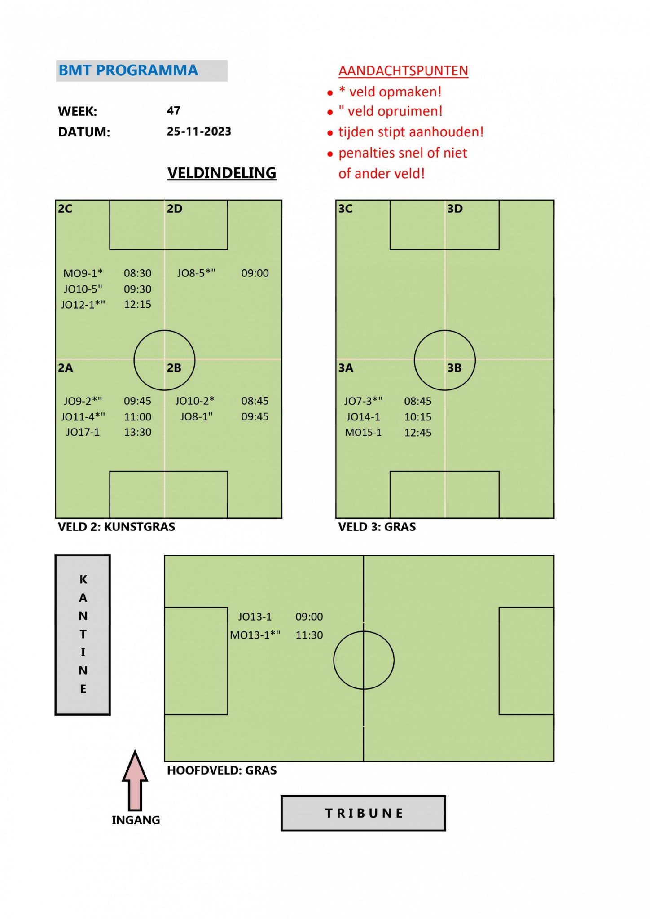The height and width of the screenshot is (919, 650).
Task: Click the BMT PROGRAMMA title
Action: point(128,70)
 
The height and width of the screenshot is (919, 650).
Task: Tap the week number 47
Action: point(174,110)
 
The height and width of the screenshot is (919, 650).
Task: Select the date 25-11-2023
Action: point(199,131)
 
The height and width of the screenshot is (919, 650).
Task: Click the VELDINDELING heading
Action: point(222,173)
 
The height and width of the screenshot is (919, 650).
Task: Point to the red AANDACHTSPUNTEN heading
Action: point(403,71)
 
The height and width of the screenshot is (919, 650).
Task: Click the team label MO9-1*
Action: point(83,273)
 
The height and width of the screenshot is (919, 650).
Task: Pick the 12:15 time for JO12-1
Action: point(137,305)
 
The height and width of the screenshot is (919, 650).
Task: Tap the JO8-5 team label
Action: point(196,273)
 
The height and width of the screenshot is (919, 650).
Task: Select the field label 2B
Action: point(174,368)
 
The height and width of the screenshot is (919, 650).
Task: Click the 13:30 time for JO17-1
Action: point(137,432)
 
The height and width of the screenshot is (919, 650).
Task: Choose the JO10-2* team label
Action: point(195,401)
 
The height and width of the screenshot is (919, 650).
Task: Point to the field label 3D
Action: point(455,209)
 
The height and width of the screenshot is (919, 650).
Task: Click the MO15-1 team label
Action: point(363,433)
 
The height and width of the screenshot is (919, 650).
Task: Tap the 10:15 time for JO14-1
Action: point(417,417)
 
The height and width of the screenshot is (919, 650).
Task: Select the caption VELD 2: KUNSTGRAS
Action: point(116,527)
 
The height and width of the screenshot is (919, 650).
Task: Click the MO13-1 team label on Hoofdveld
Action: point(255,635)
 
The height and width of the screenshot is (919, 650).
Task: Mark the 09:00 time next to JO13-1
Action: point(309,617)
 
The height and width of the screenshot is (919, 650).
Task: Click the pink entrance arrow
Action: point(135,780)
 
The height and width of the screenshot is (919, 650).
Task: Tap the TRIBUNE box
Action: point(363,814)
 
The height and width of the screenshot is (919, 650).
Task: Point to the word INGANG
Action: point(136,820)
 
